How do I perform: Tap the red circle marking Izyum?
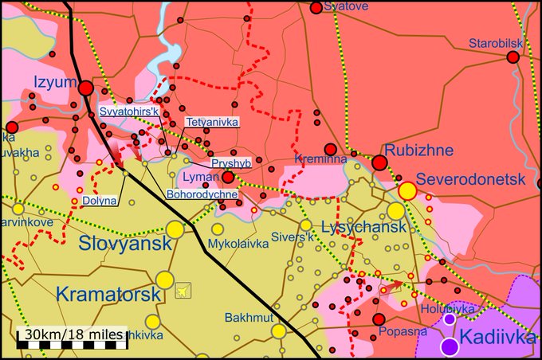pos(85,89)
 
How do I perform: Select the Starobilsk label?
pos(495,43)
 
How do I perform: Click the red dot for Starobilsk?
pos(513,57)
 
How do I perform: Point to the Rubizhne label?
pos(418,150)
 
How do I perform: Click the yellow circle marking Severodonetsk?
pos(407,190)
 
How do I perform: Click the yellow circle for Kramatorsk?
pos(165,280)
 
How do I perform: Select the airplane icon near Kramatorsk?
pos(183,291)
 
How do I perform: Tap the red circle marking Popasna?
pos(379,319)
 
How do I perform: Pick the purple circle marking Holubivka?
pos(450,319)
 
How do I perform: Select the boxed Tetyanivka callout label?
pos(211,123)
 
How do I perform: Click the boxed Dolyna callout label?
pos(100,201)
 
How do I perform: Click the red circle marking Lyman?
pos(228,177)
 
